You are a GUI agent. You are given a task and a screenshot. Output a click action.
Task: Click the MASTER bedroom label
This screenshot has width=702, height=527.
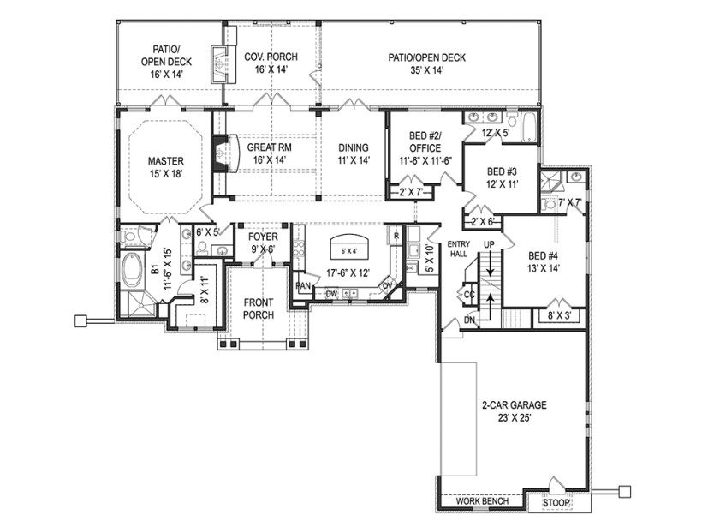click(166, 160)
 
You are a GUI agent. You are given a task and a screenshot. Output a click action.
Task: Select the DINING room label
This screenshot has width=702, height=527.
click(353, 147)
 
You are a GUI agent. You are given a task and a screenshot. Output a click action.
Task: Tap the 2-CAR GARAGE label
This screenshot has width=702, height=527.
click(514, 405)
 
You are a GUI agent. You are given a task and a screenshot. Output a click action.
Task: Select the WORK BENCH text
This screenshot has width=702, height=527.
click(482, 501)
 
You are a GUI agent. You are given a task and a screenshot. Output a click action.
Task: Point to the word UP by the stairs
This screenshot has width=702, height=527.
click(491, 245)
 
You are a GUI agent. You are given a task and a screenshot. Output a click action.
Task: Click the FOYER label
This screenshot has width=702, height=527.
click(263, 237)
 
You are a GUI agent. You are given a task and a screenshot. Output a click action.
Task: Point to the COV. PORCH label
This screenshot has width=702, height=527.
click(271, 57)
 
